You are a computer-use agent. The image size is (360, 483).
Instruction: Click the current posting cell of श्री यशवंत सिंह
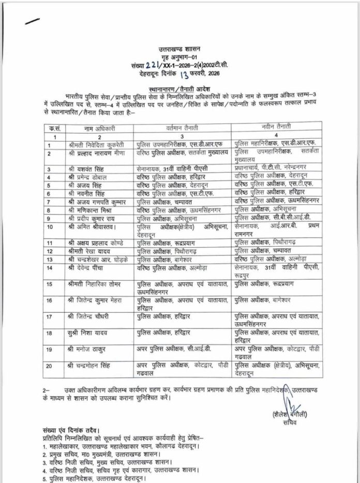tap(174, 169)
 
